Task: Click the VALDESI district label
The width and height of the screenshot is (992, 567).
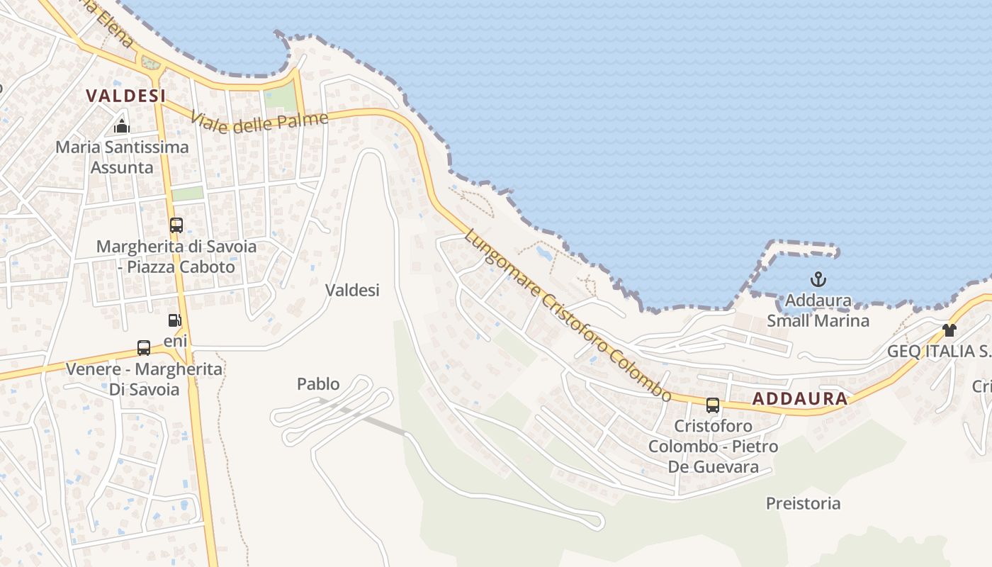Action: coord(125,96)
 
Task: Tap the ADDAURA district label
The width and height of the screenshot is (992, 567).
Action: coord(800,398)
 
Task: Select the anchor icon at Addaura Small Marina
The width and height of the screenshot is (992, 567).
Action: coord(818,279)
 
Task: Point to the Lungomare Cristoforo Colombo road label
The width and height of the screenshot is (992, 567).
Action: coord(568,314)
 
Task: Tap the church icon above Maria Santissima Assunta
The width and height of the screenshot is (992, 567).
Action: coord(122,127)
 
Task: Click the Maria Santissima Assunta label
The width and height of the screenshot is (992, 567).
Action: coord(122,157)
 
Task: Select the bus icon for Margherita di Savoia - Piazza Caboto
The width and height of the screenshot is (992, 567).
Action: coord(176,225)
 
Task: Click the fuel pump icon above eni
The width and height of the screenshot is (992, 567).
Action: coord(175,320)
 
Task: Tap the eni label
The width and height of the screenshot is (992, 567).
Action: coord(176,342)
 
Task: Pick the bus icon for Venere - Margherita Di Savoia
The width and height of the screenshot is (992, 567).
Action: coord(144,348)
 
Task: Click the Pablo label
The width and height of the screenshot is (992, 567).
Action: coord(318,384)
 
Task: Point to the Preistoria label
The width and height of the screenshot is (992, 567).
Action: coord(803,503)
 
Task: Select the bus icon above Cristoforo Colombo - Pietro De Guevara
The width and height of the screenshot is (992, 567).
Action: coord(713,405)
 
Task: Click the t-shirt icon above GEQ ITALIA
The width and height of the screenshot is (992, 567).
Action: coord(949,330)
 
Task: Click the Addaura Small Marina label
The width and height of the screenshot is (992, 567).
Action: coord(818,310)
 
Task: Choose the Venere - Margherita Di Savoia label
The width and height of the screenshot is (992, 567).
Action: coord(144,379)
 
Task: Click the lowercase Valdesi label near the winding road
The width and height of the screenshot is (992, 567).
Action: coord(352,290)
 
